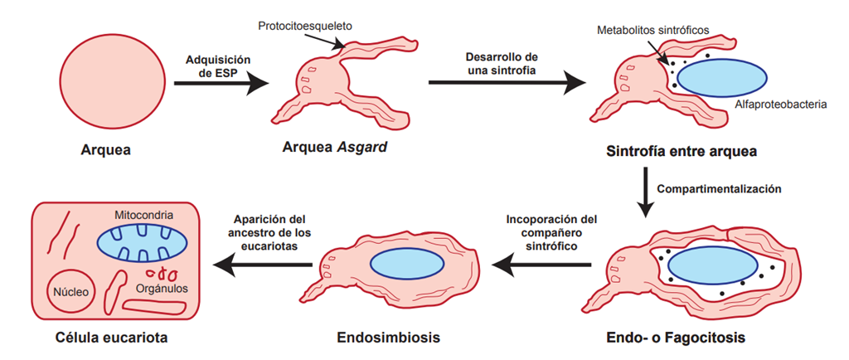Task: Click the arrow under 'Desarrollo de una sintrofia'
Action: coord(507,82)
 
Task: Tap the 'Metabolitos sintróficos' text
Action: coord(653,30)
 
